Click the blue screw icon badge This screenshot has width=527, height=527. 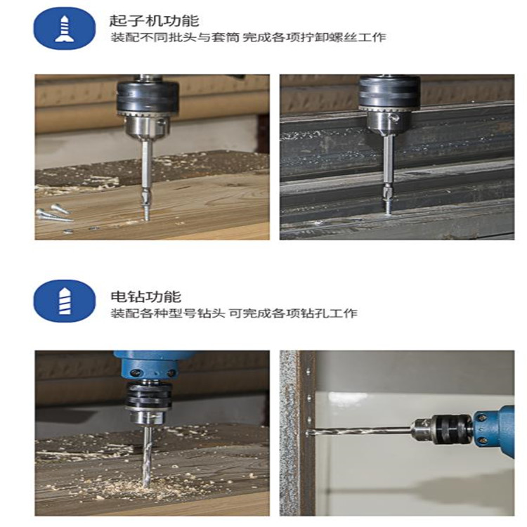click(x=64, y=29)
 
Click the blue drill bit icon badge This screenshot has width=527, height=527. click(x=64, y=301)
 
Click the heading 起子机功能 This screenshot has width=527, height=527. click(x=155, y=20)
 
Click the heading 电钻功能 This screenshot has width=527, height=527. click(x=146, y=297)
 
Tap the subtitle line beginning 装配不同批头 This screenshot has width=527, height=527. click(x=248, y=37)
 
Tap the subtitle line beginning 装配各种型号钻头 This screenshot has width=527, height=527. click(x=234, y=313)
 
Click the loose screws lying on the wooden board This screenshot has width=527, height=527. click(x=55, y=214)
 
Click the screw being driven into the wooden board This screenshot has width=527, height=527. click(x=146, y=210)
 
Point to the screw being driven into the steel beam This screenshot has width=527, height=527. click(x=388, y=205)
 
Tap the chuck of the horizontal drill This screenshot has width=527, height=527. click(x=443, y=429)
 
